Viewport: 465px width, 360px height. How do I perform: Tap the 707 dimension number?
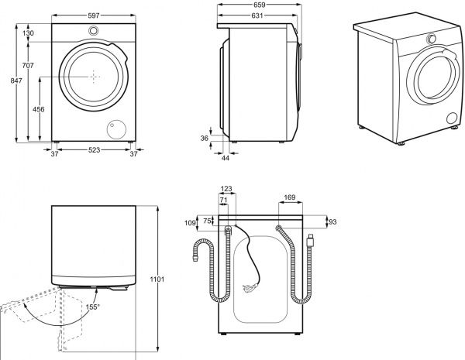[x=28, y=65]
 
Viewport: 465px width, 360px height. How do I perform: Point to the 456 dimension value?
[x=37, y=111]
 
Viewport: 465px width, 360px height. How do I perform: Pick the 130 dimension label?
[x=28, y=33]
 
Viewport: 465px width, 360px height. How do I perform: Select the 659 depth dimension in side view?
[x=260, y=5]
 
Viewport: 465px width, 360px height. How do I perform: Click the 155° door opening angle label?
[x=92, y=307]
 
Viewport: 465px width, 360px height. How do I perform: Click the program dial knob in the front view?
[x=94, y=31]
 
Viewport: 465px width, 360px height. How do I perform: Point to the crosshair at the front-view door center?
[x=94, y=76]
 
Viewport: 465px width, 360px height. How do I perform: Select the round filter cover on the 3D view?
[x=452, y=118]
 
